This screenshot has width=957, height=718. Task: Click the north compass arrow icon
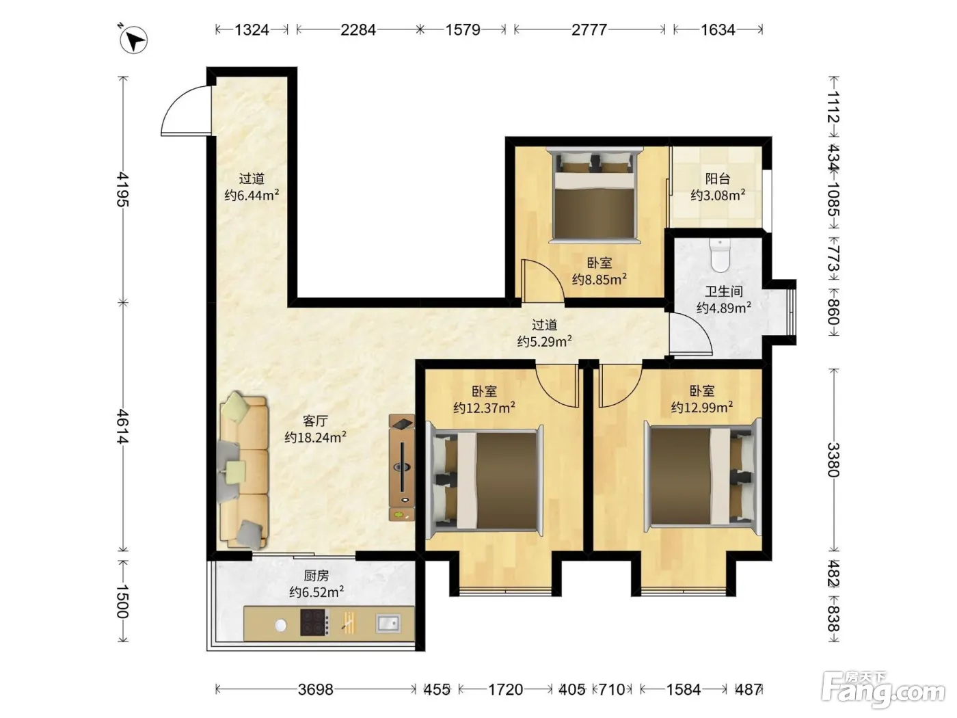tap(133, 40)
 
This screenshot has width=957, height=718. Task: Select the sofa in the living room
tap(243, 470)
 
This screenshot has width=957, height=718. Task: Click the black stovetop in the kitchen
tap(314, 622)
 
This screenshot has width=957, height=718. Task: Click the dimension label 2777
tap(589, 29)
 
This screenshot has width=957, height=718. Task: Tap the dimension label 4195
tap(124, 189)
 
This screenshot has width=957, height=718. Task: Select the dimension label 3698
tap(316, 689)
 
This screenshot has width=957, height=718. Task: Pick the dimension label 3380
tap(833, 460)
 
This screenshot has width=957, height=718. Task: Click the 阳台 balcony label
tap(718, 178)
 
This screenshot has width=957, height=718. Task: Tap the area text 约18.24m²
tap(315, 437)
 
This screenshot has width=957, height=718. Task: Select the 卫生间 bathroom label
tap(724, 291)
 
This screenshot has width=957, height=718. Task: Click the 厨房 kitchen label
tap(316, 576)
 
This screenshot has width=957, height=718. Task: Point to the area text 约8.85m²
tap(599, 279)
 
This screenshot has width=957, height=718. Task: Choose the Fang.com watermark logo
tap(883, 691)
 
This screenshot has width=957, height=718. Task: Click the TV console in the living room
tap(401, 467)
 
